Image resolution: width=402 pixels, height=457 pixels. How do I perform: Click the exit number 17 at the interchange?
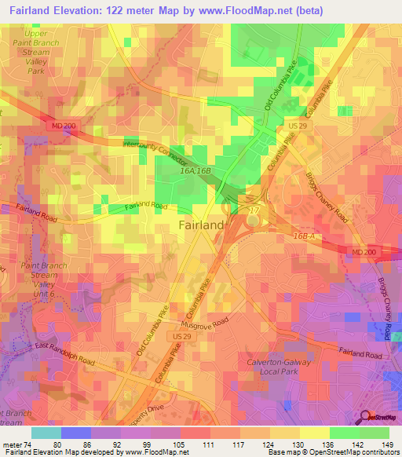coord(254,210)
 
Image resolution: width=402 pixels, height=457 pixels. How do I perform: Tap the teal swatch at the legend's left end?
coord(46,433)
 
